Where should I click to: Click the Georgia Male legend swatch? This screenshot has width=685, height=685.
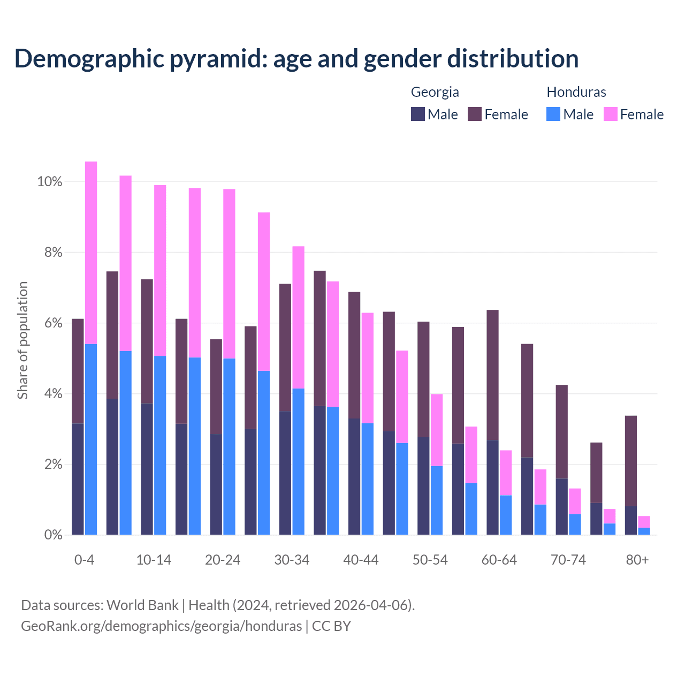pyautogui.click(x=418, y=114)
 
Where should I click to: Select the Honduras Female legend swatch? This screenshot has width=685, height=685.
pyautogui.click(x=610, y=114)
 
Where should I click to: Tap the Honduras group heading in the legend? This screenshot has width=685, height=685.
pyautogui.click(x=576, y=92)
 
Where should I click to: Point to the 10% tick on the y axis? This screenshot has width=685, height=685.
pyautogui.click(x=50, y=182)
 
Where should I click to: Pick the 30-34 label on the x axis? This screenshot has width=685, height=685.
pyautogui.click(x=292, y=560)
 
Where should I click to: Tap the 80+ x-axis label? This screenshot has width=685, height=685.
pyautogui.click(x=637, y=560)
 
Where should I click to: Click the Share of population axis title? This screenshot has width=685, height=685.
pyautogui.click(x=23, y=340)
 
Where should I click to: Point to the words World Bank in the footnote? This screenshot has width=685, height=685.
pyautogui.click(x=142, y=605)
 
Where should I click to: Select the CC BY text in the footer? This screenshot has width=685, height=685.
pyautogui.click(x=331, y=626)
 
